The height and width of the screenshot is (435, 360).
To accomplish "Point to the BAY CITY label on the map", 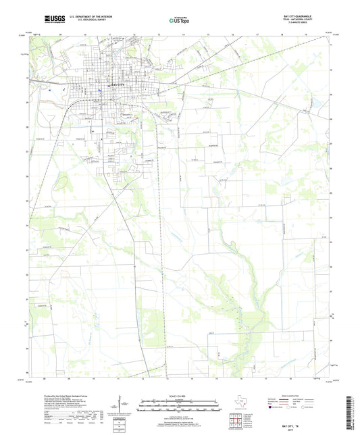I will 118,86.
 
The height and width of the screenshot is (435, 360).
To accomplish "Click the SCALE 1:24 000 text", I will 180,396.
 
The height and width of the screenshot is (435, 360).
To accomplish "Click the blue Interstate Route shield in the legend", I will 273,407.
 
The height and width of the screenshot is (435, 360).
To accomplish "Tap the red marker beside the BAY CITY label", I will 109,86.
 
